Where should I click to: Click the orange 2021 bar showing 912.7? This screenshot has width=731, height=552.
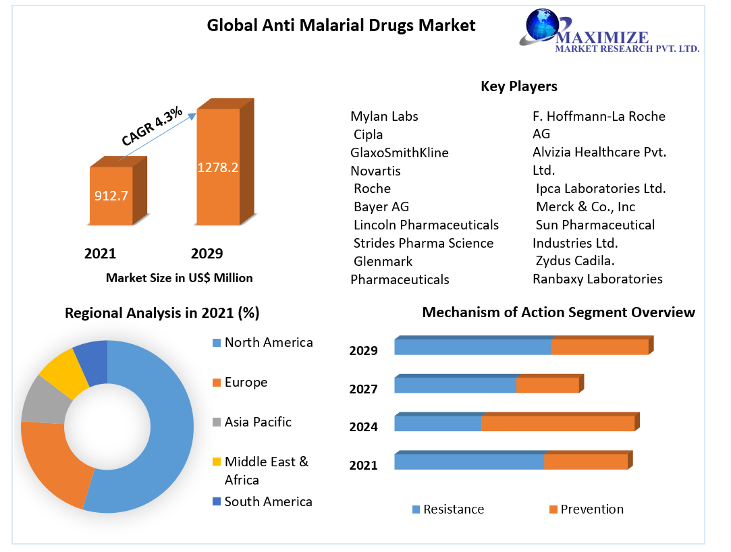[111, 196]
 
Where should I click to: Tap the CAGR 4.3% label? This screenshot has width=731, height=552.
[152, 127]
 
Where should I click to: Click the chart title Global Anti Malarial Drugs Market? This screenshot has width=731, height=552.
[341, 26]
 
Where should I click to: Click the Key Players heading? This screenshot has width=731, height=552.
[518, 86]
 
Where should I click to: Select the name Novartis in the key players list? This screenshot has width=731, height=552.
[375, 171]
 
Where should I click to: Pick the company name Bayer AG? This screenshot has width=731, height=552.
[381, 206]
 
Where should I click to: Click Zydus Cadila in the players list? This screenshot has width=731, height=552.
[575, 260]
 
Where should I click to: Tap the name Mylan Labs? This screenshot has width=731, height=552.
[384, 116]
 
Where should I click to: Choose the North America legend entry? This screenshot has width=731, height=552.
[268, 342]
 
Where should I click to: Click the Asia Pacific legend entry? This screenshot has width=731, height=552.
[257, 422]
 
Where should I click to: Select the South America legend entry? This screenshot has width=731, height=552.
[268, 501]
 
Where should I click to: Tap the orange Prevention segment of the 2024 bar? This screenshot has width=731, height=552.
[558, 423]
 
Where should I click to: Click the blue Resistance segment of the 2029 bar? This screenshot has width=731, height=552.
[472, 347]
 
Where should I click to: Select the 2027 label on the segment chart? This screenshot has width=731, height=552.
[363, 389]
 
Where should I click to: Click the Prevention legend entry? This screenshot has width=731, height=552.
[591, 509]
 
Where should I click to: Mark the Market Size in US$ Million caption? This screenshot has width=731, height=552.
[179, 277]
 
